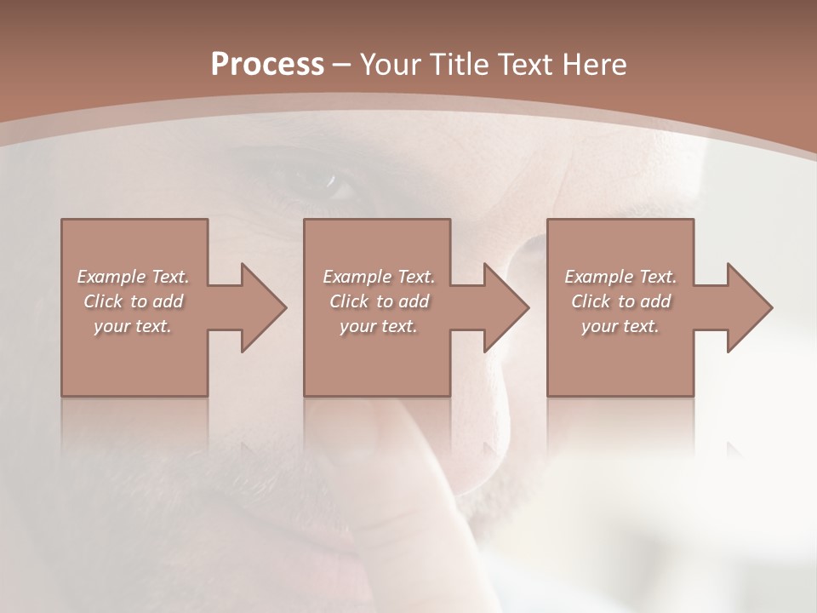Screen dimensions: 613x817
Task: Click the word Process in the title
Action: coord(267,64)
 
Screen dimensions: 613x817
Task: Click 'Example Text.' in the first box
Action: coord(133,277)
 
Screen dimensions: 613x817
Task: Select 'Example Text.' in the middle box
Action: coord(379,277)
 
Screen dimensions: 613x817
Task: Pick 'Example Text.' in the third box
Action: coord(620,277)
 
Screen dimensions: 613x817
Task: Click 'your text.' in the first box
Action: coord(133,326)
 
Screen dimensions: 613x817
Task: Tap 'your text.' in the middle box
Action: coord(379,326)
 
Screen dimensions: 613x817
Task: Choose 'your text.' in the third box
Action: coord(620,326)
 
